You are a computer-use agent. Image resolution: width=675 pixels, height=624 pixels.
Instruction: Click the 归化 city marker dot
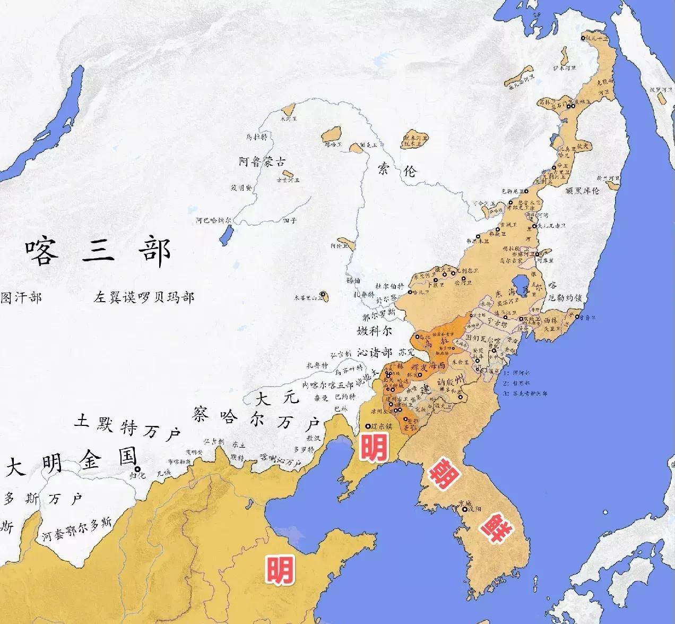click(138, 469)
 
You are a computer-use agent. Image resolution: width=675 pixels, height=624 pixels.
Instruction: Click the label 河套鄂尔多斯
click(77, 529)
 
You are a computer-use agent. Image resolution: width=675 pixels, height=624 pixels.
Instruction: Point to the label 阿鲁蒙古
click(263, 163)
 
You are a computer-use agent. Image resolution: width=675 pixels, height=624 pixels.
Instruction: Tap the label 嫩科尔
click(375, 330)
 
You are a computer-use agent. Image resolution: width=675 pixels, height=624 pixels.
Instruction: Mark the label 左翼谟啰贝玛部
click(145, 296)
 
